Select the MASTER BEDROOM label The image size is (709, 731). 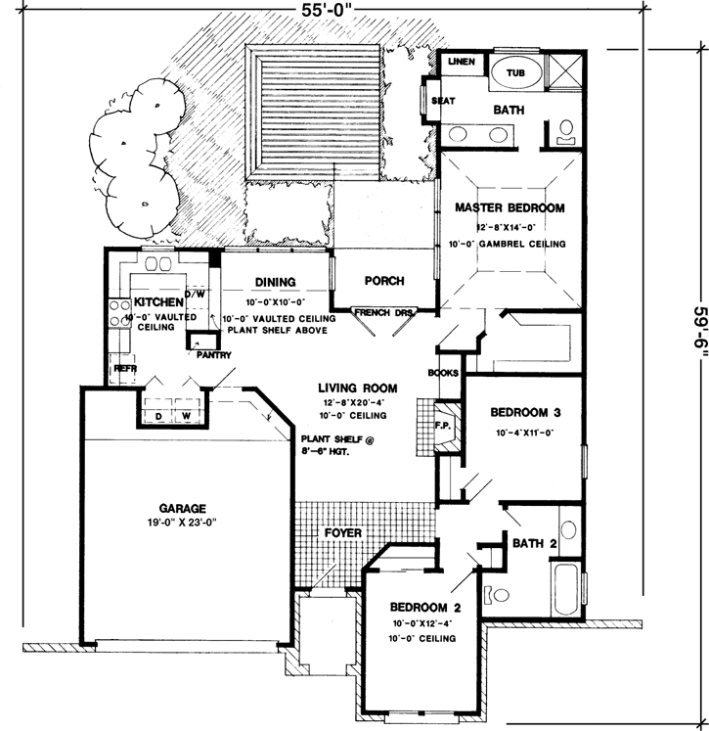pyautogui.click(x=510, y=208)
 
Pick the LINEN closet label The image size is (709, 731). pyautogui.click(x=461, y=63)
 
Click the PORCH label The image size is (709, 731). pyautogui.click(x=384, y=281)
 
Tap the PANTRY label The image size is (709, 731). pyautogui.click(x=212, y=355)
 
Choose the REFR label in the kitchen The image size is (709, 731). pyautogui.click(x=125, y=368)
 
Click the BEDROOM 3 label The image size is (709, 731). pyautogui.click(x=527, y=412)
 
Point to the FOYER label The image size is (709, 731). pyautogui.click(x=343, y=533)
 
